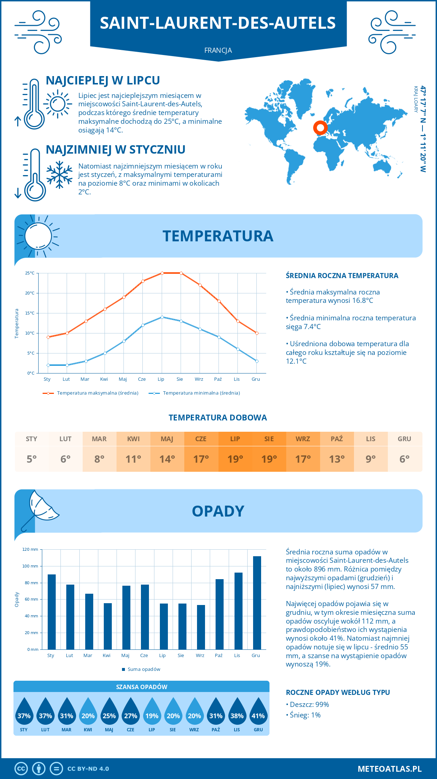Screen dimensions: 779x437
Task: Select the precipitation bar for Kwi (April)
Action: (108, 626)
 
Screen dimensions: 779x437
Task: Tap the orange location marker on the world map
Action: (320, 128)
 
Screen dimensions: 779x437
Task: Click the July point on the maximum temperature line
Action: (162, 273)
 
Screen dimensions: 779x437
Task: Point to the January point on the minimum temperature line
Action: (48, 365)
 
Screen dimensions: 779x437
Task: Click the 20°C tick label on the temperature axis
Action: (30, 293)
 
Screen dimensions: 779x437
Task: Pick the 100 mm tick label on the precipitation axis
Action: (30, 566)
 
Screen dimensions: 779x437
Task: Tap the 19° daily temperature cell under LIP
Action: (235, 459)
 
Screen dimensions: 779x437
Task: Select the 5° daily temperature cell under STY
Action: (32, 459)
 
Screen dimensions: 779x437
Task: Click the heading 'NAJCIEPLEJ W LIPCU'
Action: (103, 80)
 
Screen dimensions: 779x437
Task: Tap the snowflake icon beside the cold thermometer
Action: (59, 175)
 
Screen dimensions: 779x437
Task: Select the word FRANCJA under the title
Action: (218, 51)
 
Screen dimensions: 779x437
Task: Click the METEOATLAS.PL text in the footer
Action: (390, 769)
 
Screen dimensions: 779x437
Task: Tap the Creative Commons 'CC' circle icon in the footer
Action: (21, 769)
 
